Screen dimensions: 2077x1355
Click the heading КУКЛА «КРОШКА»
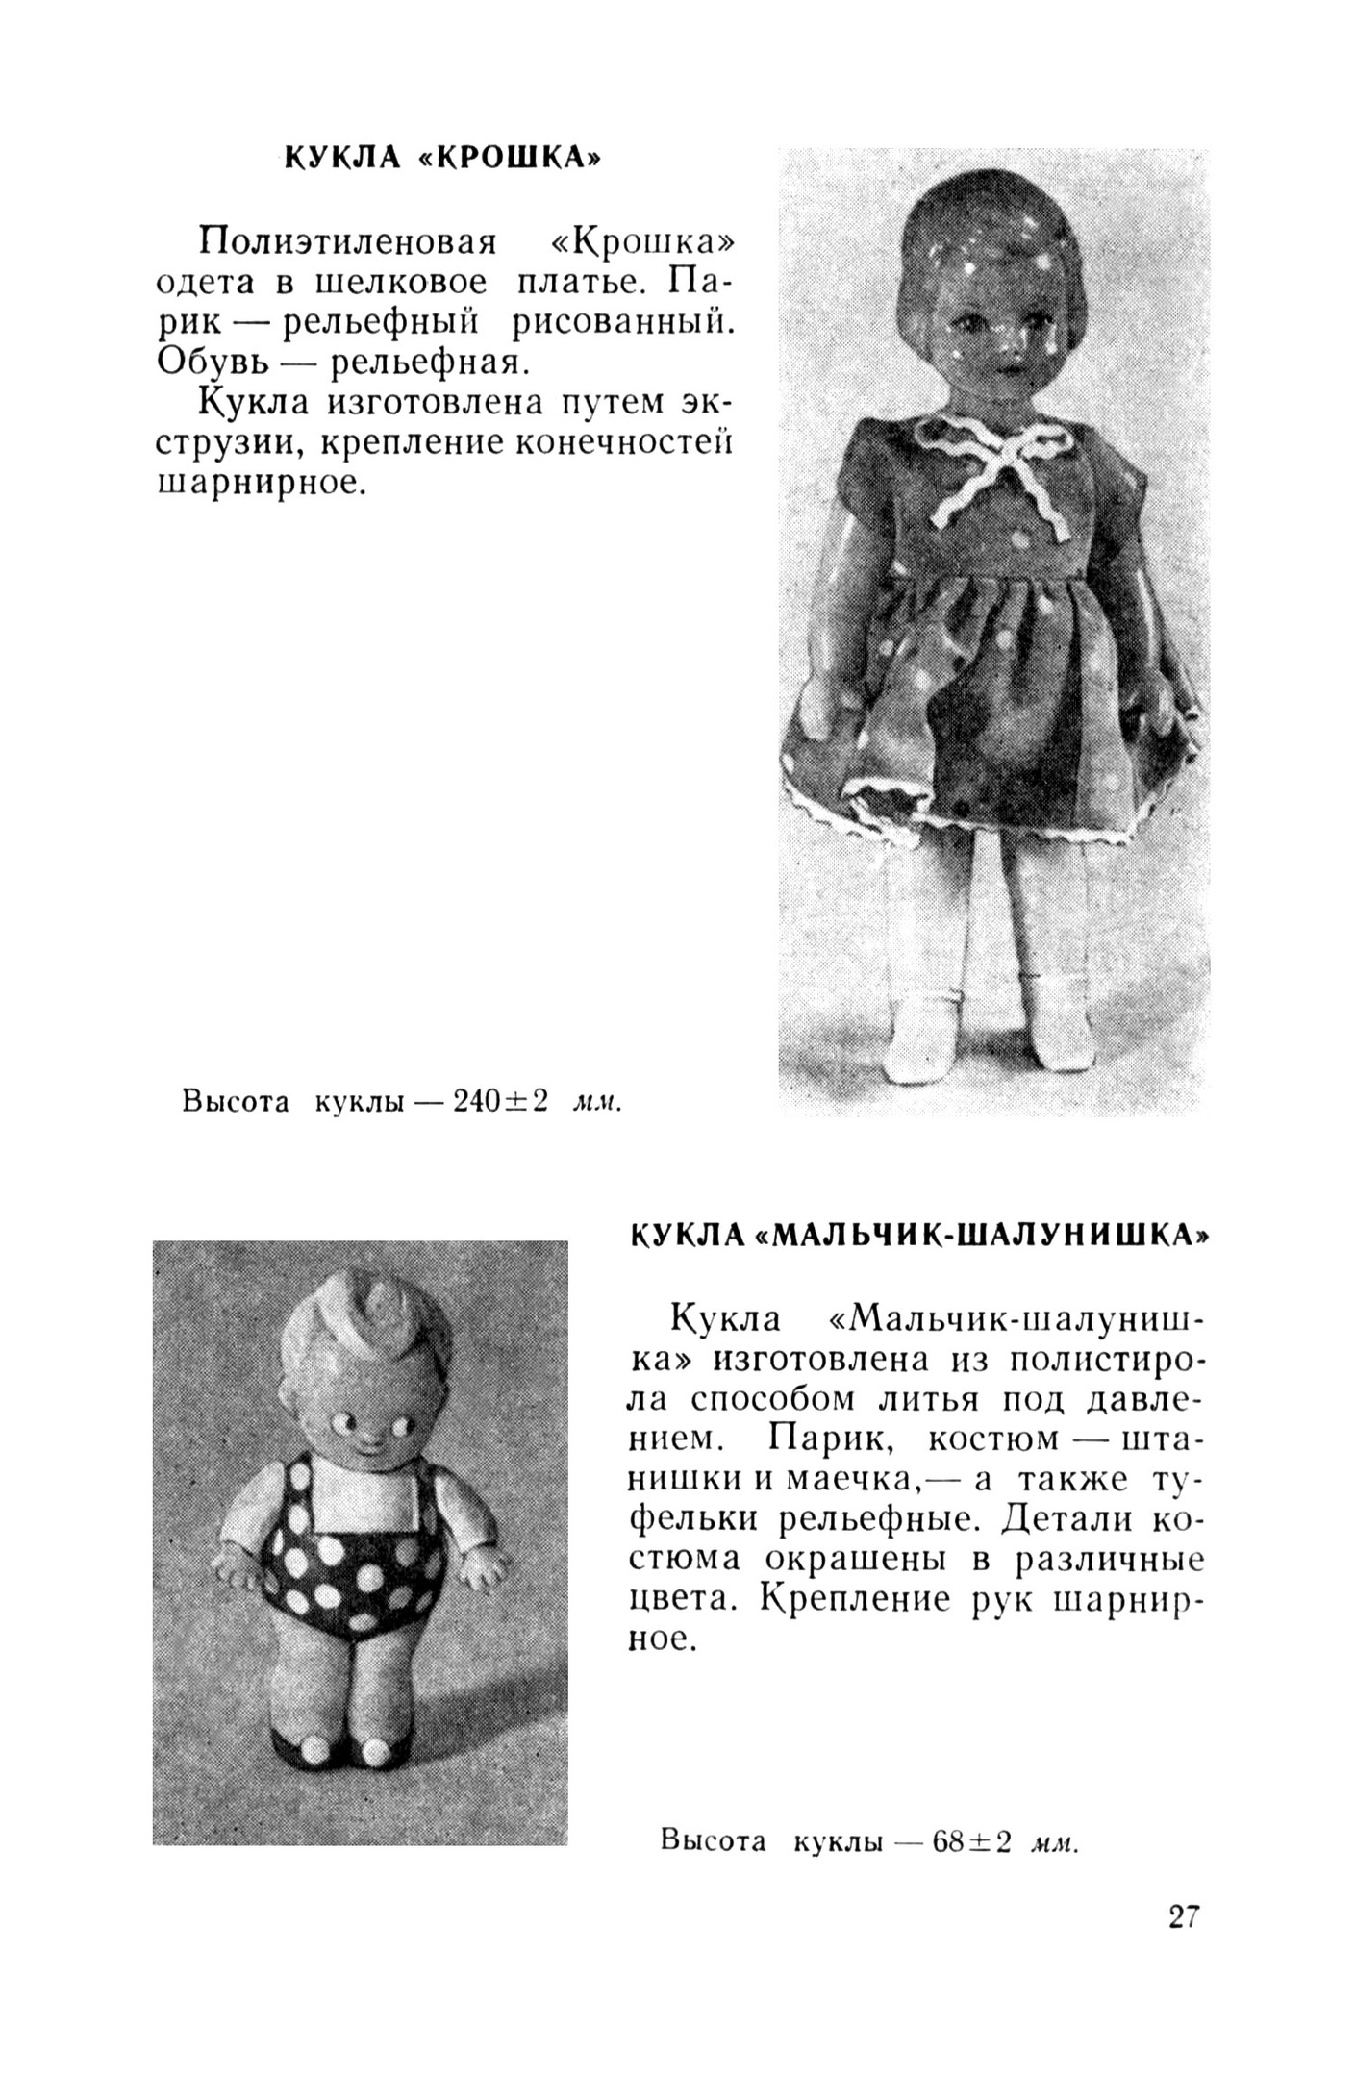click(x=442, y=157)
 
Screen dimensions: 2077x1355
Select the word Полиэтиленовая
click(x=347, y=242)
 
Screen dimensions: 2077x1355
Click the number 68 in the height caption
click(x=948, y=1840)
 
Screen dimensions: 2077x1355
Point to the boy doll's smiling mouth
click(x=360, y=1444)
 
